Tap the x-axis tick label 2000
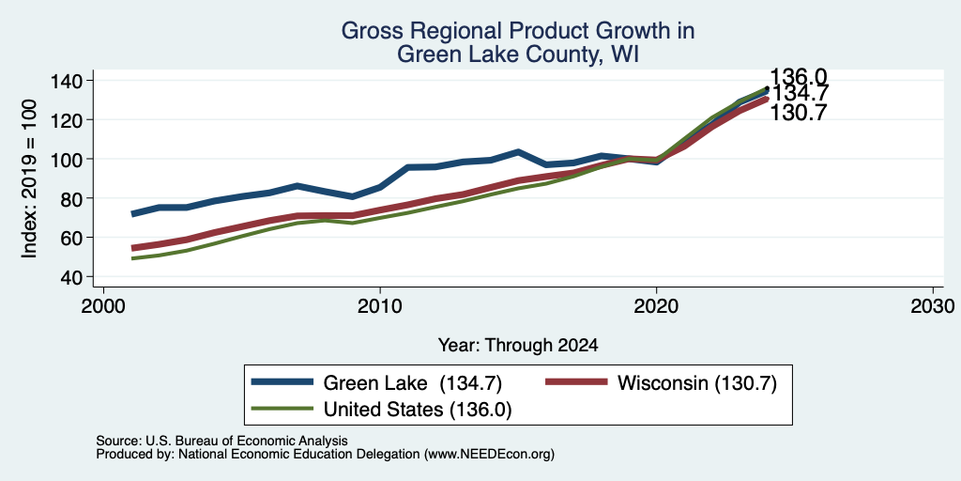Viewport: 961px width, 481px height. click(103, 305)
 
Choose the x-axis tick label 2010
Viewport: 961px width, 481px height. click(380, 305)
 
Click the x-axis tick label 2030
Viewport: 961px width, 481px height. click(933, 305)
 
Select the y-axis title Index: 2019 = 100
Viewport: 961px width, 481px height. click(29, 178)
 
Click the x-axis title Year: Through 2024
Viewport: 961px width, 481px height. click(518, 346)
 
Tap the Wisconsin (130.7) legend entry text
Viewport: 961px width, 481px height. click(697, 383)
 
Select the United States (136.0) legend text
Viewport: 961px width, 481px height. click(417, 410)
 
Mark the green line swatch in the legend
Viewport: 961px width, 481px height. click(282, 408)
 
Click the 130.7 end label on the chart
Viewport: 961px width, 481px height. click(798, 113)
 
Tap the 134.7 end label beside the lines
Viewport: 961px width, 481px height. click(800, 94)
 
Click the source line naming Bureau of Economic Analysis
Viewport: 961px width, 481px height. click(221, 441)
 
